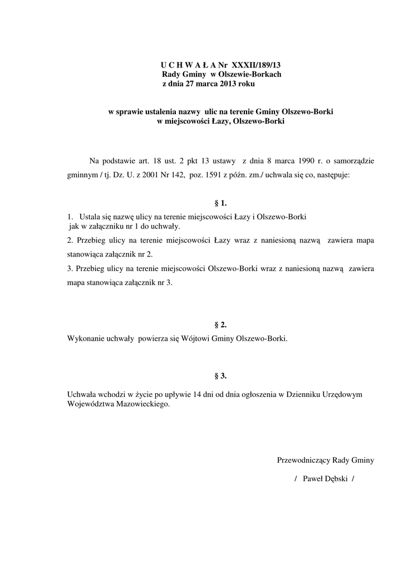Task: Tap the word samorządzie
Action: point(351,161)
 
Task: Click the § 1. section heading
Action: point(220,203)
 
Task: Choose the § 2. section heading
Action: point(220,325)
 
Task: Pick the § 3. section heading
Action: point(220,376)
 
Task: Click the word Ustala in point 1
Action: point(90,216)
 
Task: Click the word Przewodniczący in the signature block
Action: point(303,460)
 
